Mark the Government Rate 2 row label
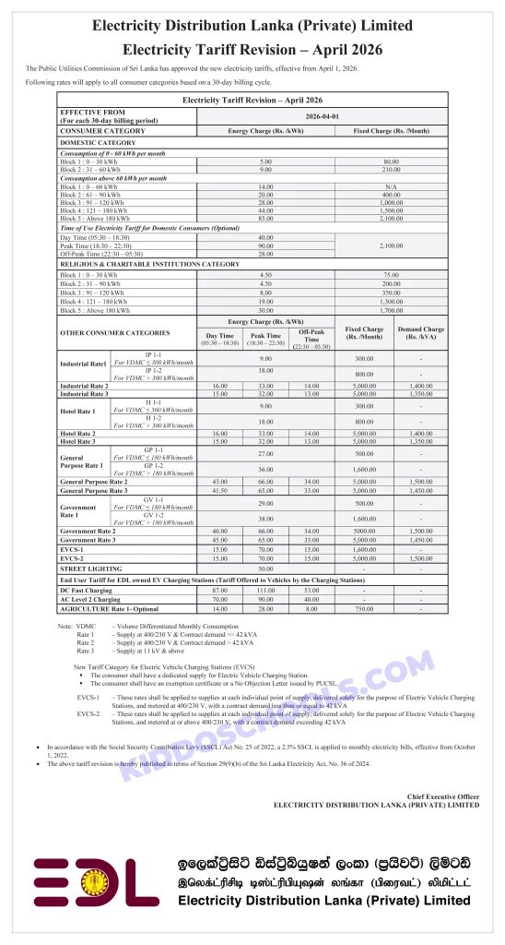coord(88,531)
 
